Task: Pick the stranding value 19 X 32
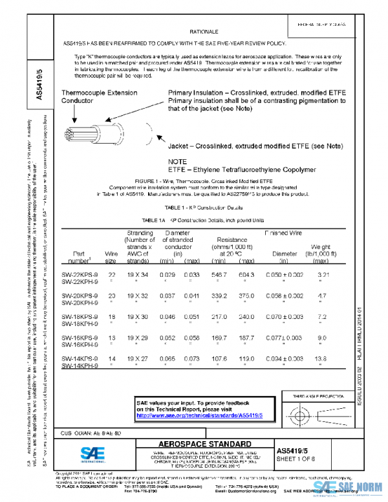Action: [x=139, y=295]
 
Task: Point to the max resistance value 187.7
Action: [x=247, y=337]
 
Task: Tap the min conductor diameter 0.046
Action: [x=167, y=316]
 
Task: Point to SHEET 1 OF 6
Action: [x=297, y=459]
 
